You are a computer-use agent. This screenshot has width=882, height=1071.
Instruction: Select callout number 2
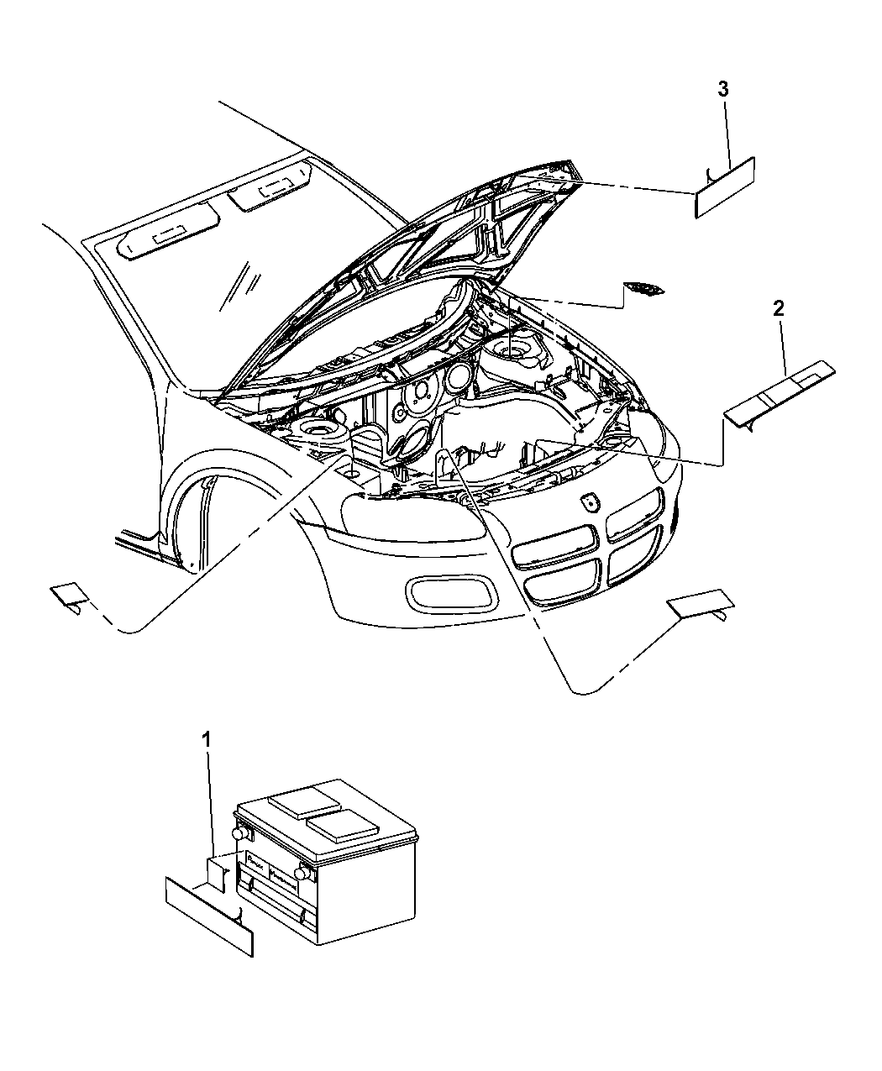(779, 309)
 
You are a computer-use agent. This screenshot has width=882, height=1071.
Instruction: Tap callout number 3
(723, 89)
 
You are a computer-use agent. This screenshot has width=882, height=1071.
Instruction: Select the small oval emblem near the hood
(643, 290)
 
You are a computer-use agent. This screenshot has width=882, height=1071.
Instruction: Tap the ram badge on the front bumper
(587, 502)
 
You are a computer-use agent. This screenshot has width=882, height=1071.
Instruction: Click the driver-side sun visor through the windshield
(171, 239)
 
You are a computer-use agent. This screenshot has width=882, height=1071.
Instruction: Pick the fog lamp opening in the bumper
(451, 594)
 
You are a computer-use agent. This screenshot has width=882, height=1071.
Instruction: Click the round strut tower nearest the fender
(317, 433)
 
